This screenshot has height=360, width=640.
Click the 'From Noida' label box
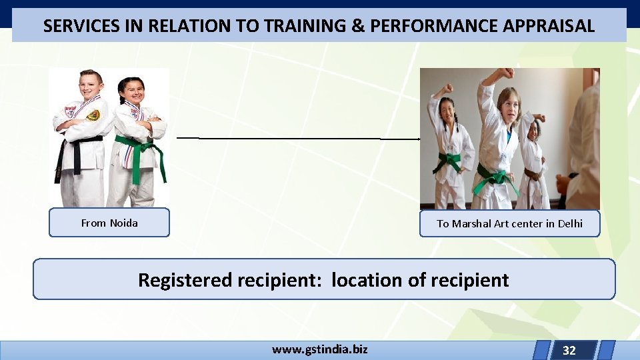[x=109, y=223]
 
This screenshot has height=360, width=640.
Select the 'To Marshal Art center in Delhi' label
[x=509, y=223]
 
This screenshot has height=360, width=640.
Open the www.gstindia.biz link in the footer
[x=319, y=349]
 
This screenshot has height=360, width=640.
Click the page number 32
[x=569, y=350]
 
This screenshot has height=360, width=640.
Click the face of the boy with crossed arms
[x=91, y=87]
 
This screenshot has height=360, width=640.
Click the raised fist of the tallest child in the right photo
[x=508, y=73]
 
